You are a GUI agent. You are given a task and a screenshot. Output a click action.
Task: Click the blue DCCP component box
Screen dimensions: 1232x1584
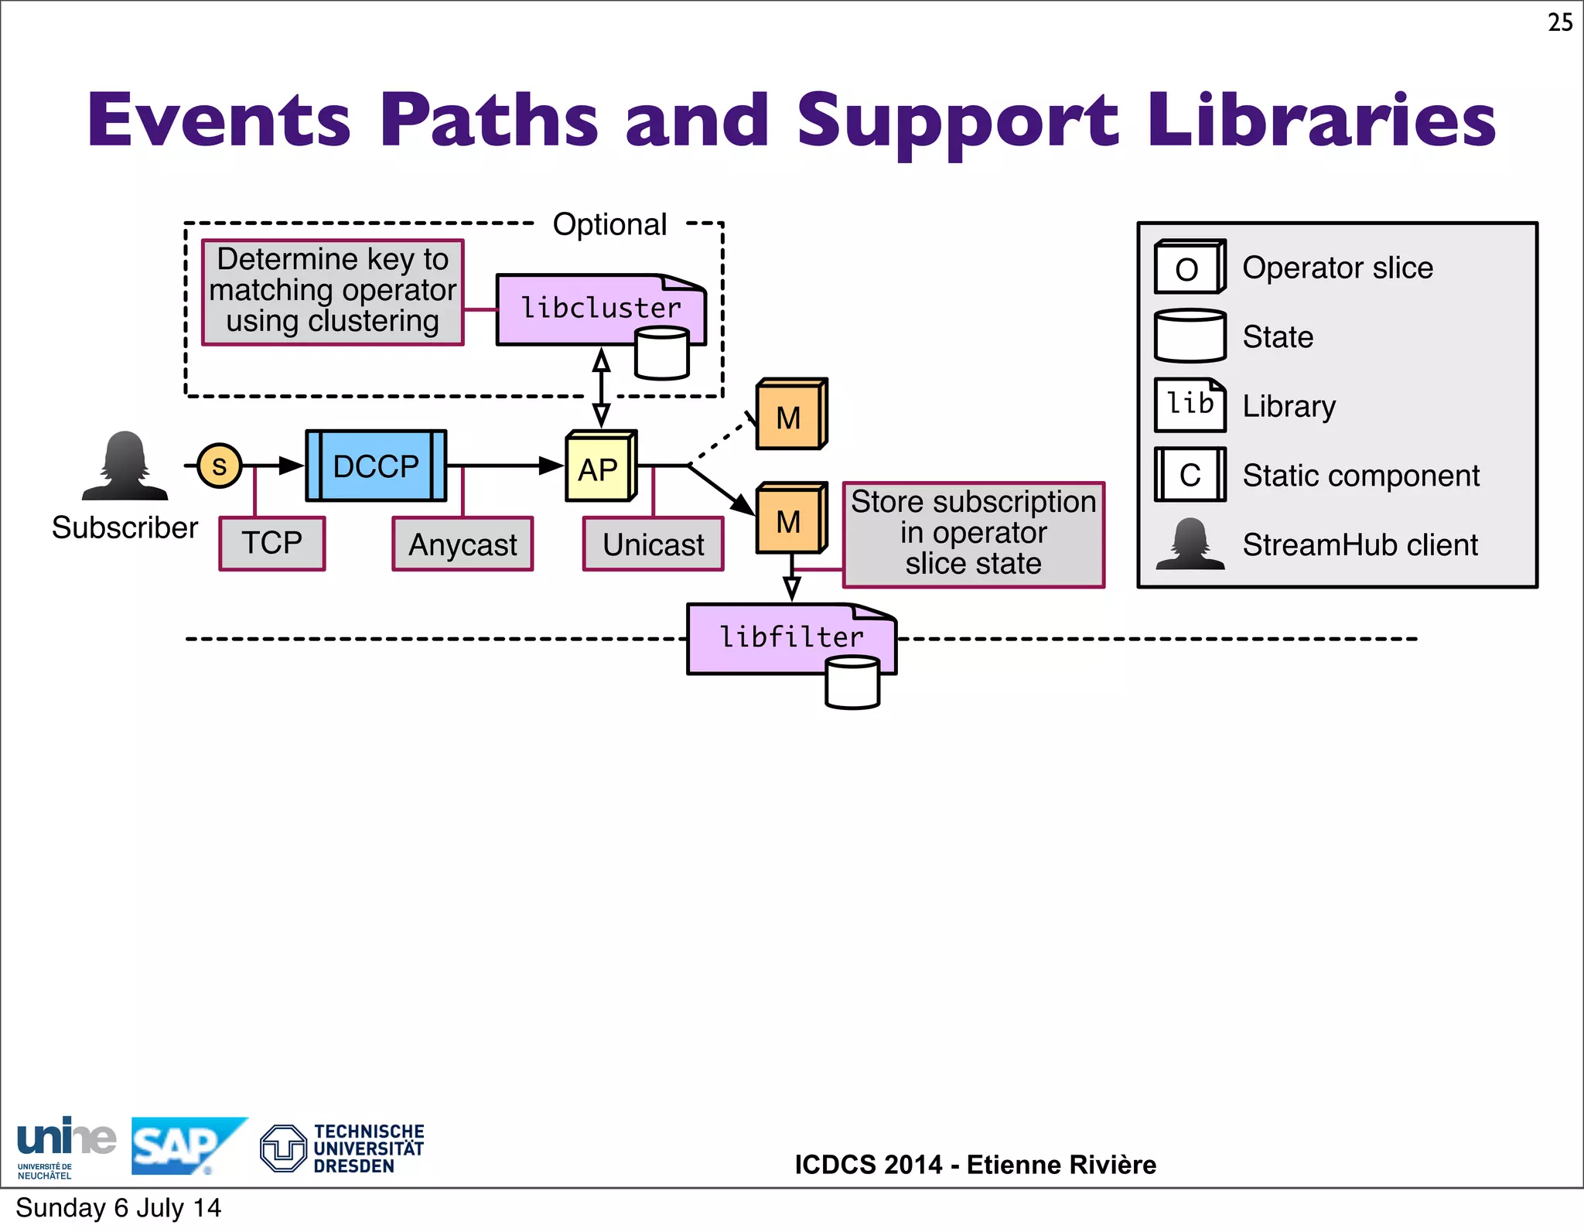click(376, 466)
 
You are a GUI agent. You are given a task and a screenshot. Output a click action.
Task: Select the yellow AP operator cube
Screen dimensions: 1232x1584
click(599, 468)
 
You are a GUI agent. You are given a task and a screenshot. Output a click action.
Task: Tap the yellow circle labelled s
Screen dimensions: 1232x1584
click(220, 466)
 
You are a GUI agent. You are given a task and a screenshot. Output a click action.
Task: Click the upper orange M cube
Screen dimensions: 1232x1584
click(790, 416)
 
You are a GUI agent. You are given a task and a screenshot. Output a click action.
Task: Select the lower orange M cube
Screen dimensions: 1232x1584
click(790, 520)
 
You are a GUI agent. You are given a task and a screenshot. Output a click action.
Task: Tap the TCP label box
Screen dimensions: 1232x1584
click(272, 544)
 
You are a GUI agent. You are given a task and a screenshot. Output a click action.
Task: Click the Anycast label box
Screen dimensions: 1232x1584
click(463, 544)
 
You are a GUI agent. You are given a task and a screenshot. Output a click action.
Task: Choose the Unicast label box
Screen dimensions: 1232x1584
click(654, 544)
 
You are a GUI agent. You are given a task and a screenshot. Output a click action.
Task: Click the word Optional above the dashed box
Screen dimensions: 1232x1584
click(609, 224)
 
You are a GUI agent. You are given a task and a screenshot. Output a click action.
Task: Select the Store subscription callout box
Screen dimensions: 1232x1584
click(973, 534)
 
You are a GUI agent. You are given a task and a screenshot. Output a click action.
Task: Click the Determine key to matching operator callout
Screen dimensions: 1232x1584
click(333, 292)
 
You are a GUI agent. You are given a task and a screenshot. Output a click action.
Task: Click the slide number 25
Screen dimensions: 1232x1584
click(1559, 22)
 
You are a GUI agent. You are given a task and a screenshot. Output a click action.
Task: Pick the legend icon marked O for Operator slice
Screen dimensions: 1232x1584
click(1189, 268)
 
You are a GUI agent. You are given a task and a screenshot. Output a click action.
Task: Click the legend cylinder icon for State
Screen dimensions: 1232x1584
click(1190, 336)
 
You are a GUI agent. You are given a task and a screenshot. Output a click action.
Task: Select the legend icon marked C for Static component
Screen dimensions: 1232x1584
click(1190, 475)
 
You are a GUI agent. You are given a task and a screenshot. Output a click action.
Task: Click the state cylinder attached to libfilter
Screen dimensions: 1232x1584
click(852, 683)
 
